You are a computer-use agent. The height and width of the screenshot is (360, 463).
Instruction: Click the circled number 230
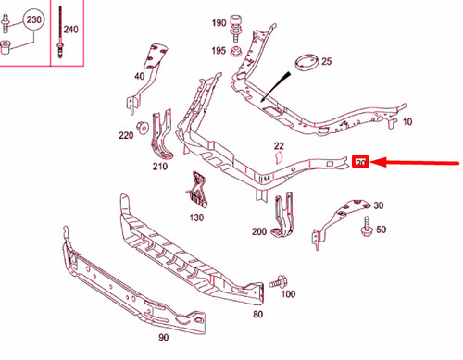tap(31, 19)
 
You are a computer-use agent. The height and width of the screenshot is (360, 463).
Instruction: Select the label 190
tap(219, 20)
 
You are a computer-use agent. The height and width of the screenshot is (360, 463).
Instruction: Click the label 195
tap(219, 50)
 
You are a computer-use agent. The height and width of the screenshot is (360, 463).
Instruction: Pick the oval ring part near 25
tap(305, 65)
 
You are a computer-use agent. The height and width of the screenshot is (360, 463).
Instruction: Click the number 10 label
tap(408, 121)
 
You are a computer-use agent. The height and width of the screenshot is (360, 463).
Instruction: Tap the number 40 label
tap(140, 76)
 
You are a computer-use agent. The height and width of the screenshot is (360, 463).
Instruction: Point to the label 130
tap(196, 218)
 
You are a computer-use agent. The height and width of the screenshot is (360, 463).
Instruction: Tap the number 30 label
tap(378, 205)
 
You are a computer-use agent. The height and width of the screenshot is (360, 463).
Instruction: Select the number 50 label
tap(380, 230)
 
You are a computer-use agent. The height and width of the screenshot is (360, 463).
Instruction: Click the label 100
tap(288, 294)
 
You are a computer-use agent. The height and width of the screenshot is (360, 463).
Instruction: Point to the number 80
tap(257, 314)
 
